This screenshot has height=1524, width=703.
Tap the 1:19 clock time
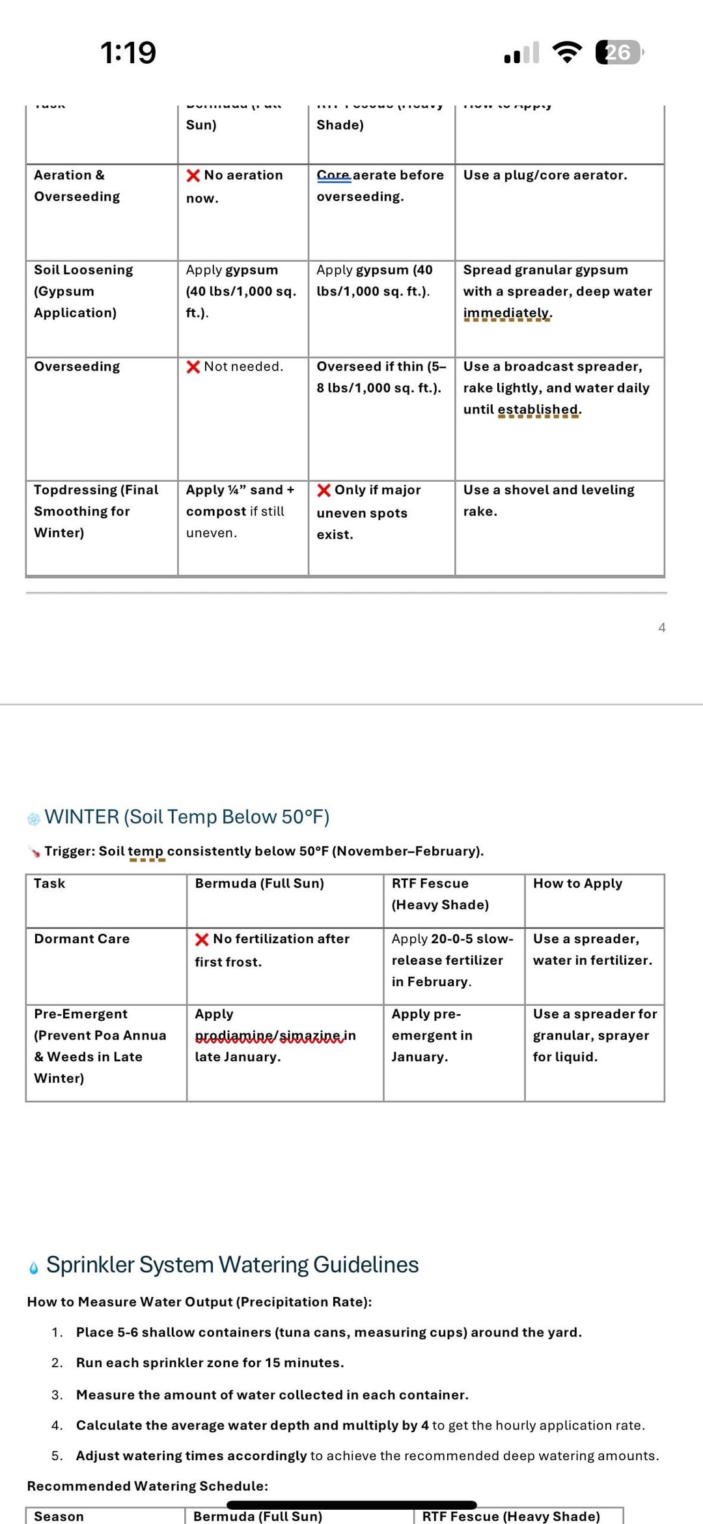128,53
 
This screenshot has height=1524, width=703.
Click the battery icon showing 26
618,52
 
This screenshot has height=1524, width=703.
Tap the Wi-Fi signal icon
567,52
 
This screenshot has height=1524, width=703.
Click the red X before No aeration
193,176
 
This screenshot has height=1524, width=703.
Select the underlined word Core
333,175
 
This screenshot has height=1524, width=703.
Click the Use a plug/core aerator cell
545,175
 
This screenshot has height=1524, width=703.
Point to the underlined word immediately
507,313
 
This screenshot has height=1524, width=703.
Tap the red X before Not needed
193,367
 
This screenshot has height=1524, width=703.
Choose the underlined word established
539,409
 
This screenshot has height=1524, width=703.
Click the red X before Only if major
324,490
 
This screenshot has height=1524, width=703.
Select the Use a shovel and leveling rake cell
548,500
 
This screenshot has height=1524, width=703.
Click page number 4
661,628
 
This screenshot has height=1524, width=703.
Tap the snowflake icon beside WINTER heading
34,818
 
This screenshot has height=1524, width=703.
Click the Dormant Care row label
82,939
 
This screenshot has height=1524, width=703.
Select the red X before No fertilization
202,939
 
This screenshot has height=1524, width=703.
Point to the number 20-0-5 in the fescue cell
451,939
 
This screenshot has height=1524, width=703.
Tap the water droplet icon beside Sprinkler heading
34,1267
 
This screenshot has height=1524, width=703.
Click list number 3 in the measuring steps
57,1394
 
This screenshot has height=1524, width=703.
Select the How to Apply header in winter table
577,883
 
